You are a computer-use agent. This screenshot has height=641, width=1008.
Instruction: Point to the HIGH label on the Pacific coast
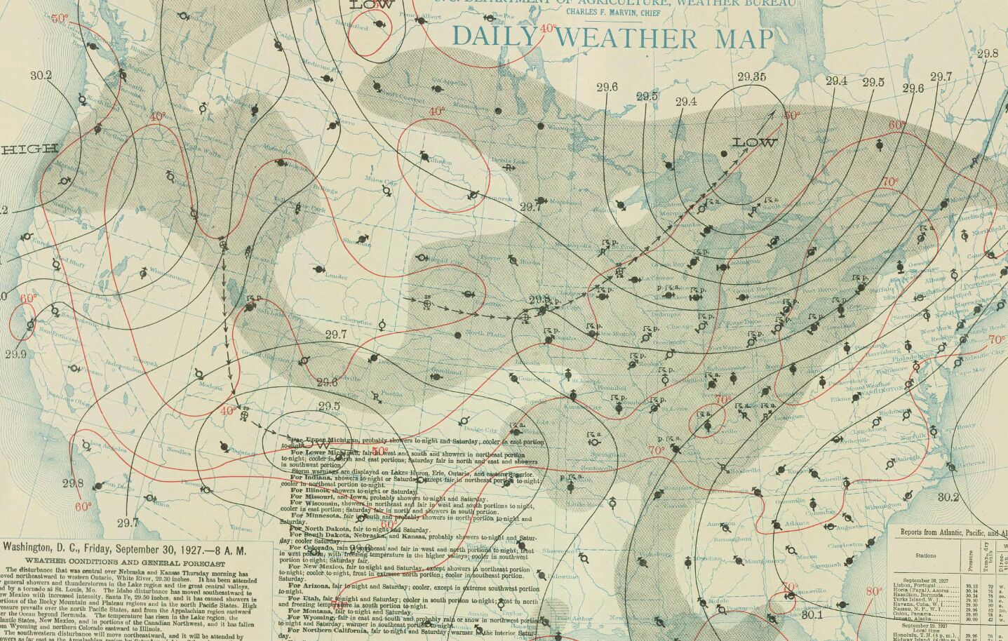coord(29,149)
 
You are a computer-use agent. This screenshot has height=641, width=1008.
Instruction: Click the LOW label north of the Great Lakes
coord(755,142)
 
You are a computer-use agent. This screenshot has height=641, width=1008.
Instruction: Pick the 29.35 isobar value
coord(751,77)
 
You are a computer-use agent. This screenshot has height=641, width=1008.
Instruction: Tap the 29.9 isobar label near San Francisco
coord(15,354)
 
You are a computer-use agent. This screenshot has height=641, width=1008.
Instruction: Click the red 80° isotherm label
coord(874,591)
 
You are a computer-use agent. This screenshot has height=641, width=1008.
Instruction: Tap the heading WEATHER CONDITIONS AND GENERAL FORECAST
coord(125,562)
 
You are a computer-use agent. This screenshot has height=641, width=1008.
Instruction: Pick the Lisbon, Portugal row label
coord(913,585)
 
